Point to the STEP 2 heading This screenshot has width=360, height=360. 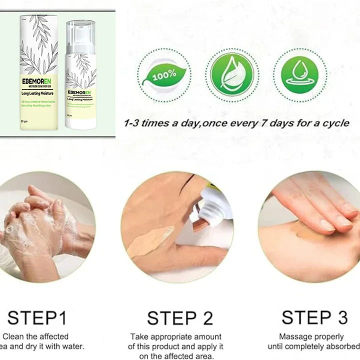tap(180, 318)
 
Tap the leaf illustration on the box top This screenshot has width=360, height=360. tap(40, 45)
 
